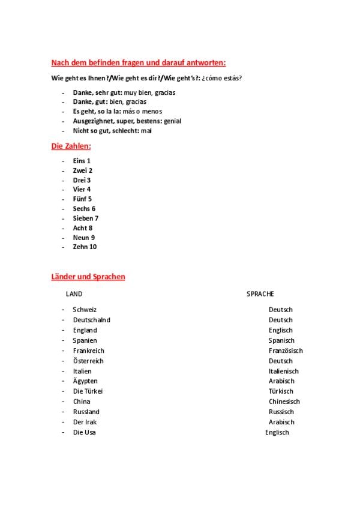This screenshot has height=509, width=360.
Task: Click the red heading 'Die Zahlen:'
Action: point(71,146)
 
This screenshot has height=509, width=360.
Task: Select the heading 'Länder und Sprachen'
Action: point(88,277)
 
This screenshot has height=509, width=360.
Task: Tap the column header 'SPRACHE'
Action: point(260,294)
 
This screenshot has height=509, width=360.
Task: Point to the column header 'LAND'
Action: point(74,294)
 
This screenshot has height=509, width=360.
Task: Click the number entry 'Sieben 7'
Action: point(86,218)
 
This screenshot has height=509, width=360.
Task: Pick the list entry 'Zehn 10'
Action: point(85,247)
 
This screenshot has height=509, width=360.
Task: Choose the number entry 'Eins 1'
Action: point(82,161)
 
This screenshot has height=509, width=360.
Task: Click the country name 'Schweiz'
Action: point(85,310)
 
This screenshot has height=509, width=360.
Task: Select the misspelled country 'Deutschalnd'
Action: point(91,320)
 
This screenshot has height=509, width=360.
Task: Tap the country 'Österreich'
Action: point(88,361)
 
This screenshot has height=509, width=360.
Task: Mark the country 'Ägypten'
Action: point(85,381)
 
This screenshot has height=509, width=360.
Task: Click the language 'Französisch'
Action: point(286,351)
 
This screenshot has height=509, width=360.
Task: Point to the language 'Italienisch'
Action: point(283,371)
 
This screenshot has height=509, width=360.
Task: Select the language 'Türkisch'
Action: point(281,391)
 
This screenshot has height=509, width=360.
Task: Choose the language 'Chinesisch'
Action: point(284,402)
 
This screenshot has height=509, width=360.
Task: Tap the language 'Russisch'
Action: point(281,412)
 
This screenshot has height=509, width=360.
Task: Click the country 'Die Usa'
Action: point(84,432)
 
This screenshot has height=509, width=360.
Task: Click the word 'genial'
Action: point(172,121)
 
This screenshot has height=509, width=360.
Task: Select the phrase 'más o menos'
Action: point(142,111)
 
